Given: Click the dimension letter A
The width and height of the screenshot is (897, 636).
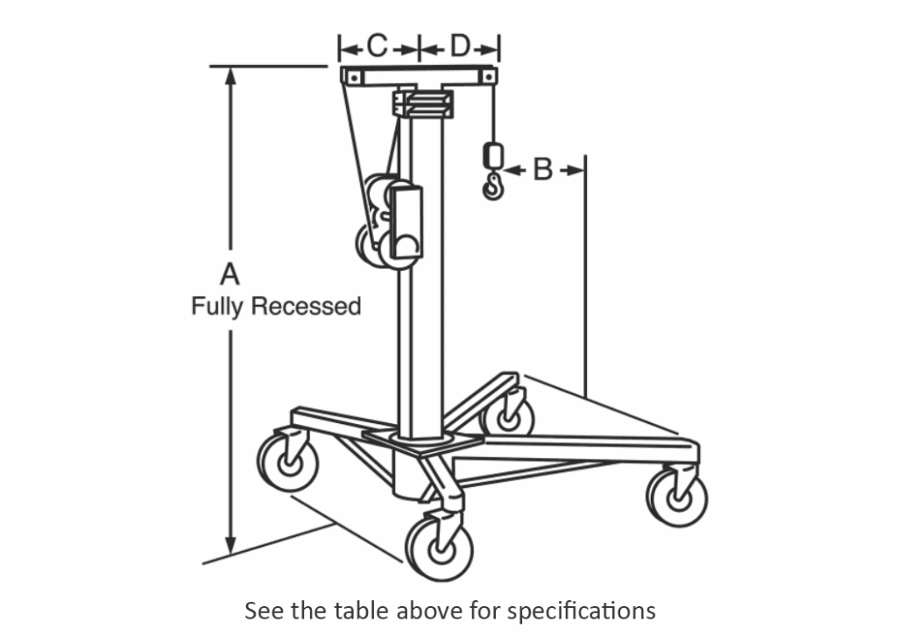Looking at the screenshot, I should point(230,274).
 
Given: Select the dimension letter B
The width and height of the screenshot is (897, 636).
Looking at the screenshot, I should point(542,169).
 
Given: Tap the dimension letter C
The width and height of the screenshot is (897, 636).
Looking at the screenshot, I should point(377,46).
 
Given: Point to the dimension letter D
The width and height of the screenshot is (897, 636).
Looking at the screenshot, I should point(461,46).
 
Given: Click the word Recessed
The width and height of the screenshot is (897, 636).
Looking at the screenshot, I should point(305,307).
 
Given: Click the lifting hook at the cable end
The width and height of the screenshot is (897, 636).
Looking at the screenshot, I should point(494,186).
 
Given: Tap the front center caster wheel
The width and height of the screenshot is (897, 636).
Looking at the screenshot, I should point(438,547).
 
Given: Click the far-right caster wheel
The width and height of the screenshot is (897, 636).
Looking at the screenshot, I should point(677,497).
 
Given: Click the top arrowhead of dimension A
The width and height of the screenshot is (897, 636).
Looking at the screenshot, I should point(230,74).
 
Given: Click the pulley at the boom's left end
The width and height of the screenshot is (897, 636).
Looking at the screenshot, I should point(352,78).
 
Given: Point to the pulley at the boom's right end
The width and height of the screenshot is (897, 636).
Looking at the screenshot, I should point(484,78).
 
